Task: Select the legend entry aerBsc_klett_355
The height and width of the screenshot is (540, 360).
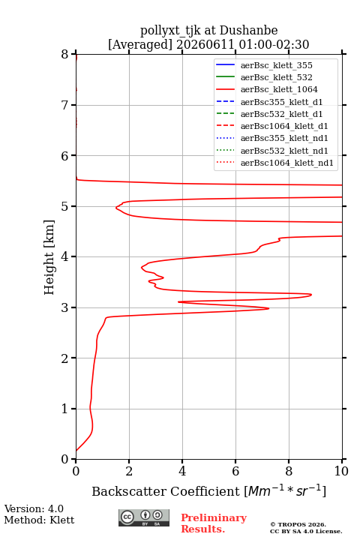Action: pos(264,65)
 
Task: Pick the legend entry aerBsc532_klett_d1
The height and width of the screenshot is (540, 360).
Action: pos(269,114)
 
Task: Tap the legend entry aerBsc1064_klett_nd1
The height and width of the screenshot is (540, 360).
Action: pos(274,163)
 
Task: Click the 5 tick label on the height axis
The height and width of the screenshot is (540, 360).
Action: pos(64,206)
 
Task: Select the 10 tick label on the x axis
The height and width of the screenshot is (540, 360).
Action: pos(341,471)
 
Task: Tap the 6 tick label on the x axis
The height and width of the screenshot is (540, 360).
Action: pos(235,471)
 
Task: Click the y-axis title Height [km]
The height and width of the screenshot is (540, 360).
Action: pos(49,257)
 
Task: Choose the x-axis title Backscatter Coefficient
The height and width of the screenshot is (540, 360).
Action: pos(165,491)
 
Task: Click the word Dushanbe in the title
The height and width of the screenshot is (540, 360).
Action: pos(248,31)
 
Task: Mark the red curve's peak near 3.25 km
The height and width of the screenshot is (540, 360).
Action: pos(311,295)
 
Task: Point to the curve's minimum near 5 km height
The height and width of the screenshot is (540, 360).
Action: pos(116,208)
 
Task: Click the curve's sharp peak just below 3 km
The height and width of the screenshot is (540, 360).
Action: pos(268,308)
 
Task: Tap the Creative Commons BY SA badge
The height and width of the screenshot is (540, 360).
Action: pos(144,517)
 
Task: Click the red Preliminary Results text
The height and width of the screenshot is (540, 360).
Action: pos(214,523)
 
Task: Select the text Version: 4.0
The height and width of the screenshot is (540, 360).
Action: pos(34,508)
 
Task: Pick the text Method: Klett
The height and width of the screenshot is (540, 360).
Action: pos(39,520)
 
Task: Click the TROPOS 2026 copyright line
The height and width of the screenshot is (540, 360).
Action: pos(298,524)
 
